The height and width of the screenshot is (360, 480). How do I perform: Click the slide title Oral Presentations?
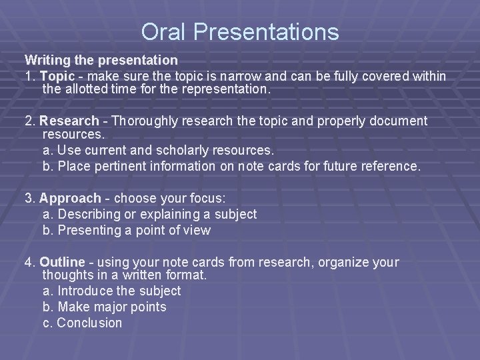(x=240, y=32)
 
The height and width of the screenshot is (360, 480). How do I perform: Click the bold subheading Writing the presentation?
(x=101, y=61)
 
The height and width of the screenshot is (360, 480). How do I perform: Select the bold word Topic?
(x=55, y=76)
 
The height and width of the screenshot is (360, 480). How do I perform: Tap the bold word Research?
(x=69, y=121)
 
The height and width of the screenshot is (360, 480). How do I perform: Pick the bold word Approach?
(x=71, y=198)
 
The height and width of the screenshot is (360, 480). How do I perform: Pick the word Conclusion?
(x=89, y=323)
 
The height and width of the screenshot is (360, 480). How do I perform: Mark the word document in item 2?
(x=395, y=121)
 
